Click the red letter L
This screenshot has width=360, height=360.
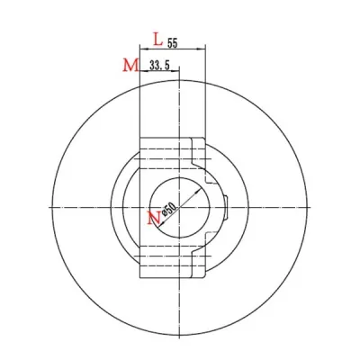pos(158,40)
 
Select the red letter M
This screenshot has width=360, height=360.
pos(130,65)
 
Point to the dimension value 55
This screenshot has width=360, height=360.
pos(173,41)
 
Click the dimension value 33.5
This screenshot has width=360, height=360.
pos(160,66)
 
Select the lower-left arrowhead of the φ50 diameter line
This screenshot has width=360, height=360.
pos(157,230)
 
